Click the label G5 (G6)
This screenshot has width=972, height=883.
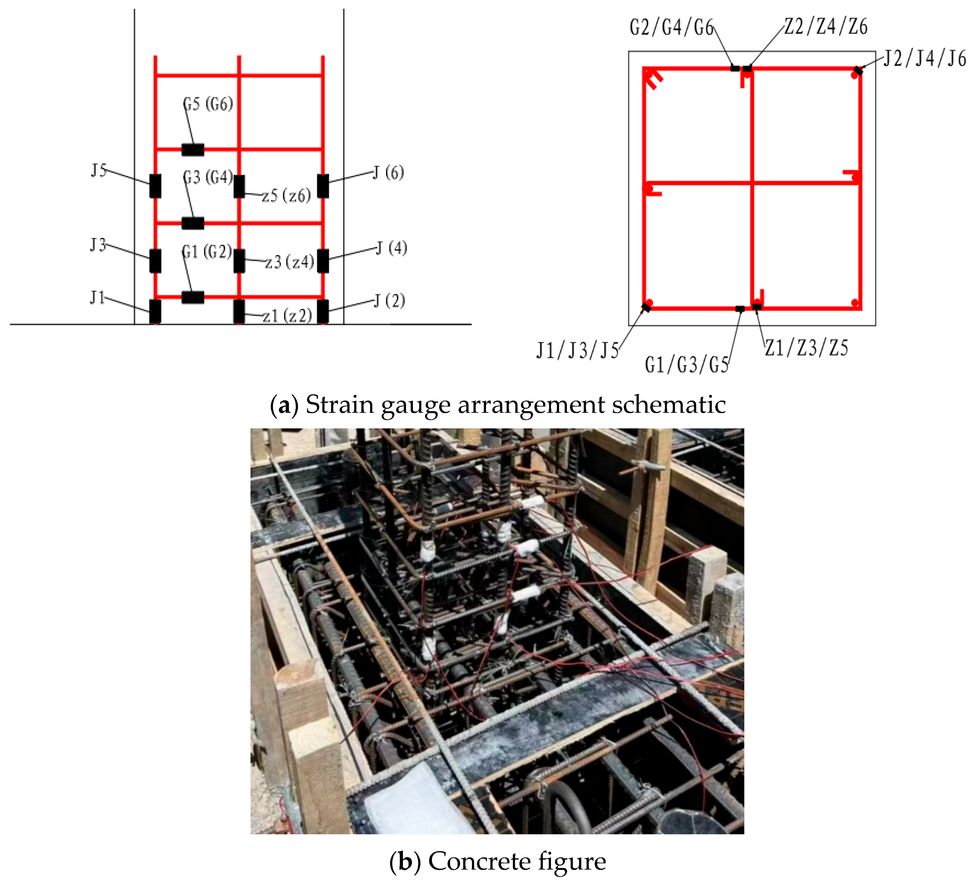click(x=208, y=104)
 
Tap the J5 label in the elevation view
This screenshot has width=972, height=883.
click(x=98, y=170)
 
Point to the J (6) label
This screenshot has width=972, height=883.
click(x=389, y=173)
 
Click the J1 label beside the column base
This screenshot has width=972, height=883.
click(x=97, y=298)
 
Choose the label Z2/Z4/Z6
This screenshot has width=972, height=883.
click(x=826, y=27)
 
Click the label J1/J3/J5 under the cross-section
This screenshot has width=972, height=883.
click(x=578, y=350)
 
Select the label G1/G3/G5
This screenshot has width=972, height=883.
click(x=687, y=365)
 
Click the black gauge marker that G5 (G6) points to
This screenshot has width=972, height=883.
click(x=193, y=150)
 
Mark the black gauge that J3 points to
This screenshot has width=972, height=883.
click(x=155, y=261)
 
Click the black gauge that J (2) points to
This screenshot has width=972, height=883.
click(x=323, y=311)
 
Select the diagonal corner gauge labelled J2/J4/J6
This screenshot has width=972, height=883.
click(x=858, y=71)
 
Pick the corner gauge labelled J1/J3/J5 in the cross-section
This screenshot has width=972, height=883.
click(x=647, y=307)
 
